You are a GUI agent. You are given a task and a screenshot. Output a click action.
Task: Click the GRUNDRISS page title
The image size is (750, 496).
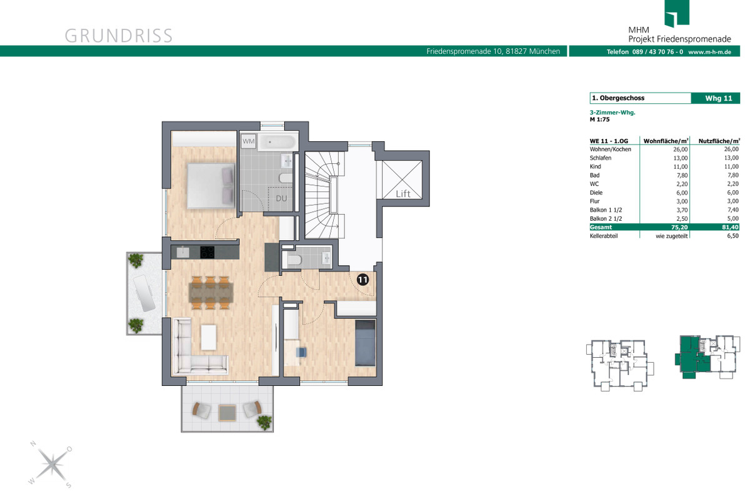[x=119, y=36]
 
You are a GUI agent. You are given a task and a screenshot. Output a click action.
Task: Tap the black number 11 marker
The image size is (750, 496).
[x=362, y=280]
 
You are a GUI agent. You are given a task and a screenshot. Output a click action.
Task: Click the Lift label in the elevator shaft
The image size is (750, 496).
[x=402, y=194]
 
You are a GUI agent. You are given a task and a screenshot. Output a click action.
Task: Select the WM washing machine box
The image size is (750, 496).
[x=249, y=141]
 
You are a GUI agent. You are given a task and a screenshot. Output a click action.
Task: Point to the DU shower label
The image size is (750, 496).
[x=281, y=198]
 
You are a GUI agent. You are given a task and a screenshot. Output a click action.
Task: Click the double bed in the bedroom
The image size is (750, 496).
[x=211, y=186]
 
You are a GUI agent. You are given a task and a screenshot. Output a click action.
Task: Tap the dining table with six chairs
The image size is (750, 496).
[x=211, y=293]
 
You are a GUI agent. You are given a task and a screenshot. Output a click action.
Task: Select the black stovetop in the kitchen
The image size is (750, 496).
[x=207, y=252]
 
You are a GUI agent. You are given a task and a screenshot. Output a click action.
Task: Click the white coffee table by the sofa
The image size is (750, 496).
[x=209, y=337]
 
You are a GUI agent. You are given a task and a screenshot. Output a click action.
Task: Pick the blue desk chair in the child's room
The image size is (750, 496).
[x=301, y=352]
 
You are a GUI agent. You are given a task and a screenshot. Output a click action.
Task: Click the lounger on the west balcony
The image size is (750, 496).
[x=144, y=293]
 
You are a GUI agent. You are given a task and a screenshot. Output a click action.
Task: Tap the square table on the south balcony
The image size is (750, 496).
[x=227, y=413]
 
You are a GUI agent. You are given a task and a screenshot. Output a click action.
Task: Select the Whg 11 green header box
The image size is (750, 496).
[x=716, y=98]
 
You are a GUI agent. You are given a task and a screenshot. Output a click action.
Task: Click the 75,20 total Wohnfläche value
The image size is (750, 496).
[x=679, y=227]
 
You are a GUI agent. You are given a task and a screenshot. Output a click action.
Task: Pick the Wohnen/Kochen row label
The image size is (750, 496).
[x=611, y=149]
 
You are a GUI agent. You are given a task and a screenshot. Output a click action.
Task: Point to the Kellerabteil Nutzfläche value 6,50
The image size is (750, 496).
[x=733, y=236]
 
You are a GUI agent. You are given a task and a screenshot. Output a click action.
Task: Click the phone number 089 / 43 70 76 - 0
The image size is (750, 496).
[x=657, y=52]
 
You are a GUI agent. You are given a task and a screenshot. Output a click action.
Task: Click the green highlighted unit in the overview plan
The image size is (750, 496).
[x=692, y=357]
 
